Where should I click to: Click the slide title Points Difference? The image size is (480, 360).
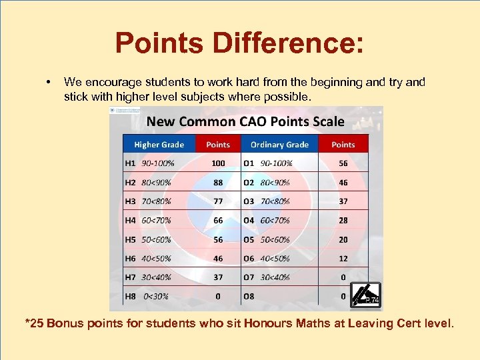point(239,43)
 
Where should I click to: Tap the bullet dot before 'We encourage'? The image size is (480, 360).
point(49,83)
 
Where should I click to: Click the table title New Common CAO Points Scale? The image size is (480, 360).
point(245,121)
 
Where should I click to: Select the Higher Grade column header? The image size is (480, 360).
point(159,145)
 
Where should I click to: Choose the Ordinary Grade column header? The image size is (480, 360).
point(279,145)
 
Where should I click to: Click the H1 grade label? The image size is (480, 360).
point(131,163)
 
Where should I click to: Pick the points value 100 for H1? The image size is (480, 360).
point(218,163)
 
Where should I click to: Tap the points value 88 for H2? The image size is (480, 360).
point(218,182)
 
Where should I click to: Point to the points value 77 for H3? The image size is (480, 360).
point(218,201)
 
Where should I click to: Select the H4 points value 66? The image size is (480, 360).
point(218,220)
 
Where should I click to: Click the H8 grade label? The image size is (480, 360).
point(131,296)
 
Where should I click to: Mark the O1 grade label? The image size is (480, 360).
point(249,163)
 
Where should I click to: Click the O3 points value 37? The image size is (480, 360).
point(343,201)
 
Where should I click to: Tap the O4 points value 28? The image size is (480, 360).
point(343,220)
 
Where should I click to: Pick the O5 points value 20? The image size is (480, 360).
point(343,239)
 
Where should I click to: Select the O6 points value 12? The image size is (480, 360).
point(343,258)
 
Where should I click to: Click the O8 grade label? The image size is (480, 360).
point(249,296)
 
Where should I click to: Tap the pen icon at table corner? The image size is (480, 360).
point(365,295)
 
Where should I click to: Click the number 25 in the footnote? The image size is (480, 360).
point(37,324)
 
